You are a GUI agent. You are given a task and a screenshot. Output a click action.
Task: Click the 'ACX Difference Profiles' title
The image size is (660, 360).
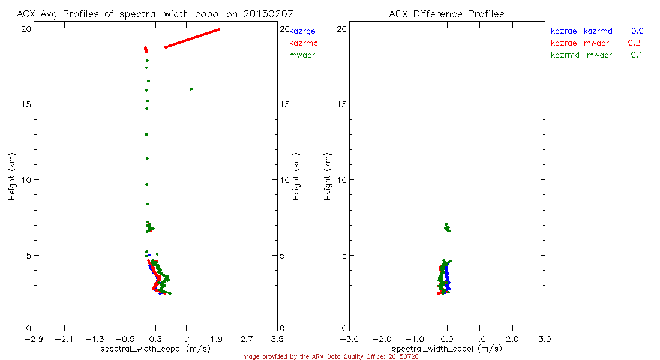click(x=446, y=14)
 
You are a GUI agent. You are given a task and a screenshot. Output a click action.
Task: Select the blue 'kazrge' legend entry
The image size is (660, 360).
click(x=302, y=31)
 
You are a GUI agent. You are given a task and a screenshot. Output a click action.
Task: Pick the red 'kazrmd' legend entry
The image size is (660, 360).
click(x=304, y=43)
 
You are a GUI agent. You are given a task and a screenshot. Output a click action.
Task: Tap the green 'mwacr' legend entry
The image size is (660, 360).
click(x=302, y=55)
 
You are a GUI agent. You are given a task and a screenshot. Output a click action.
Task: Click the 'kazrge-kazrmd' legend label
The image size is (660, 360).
click(x=581, y=31)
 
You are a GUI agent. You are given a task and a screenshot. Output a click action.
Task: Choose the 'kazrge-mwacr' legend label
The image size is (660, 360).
click(x=580, y=43)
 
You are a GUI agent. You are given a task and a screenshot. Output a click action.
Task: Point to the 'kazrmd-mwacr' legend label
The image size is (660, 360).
click(x=581, y=55)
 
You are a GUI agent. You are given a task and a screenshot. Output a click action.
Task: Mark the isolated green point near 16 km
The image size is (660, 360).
click(x=191, y=89)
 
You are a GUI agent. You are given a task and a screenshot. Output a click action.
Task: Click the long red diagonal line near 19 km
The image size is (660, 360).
click(x=192, y=38)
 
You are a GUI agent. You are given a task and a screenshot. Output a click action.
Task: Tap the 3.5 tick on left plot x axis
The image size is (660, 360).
click(x=277, y=339)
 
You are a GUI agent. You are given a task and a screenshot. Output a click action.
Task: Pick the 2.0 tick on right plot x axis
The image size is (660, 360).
click(x=512, y=339)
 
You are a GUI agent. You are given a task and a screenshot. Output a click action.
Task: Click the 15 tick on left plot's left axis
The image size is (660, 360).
click(x=27, y=104)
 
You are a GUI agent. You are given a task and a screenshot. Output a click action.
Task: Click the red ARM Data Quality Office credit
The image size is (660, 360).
click(x=329, y=356)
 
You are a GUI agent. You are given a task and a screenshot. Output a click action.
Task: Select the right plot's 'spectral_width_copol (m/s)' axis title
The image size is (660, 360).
click(x=446, y=349)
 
